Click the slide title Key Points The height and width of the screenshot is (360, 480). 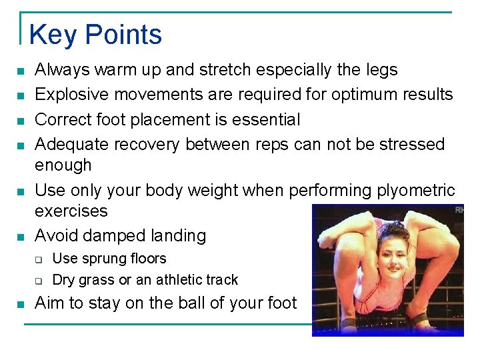(95, 35)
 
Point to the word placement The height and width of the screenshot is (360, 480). (153, 120)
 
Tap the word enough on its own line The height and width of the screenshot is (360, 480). (63, 165)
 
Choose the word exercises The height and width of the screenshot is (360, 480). (71, 211)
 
